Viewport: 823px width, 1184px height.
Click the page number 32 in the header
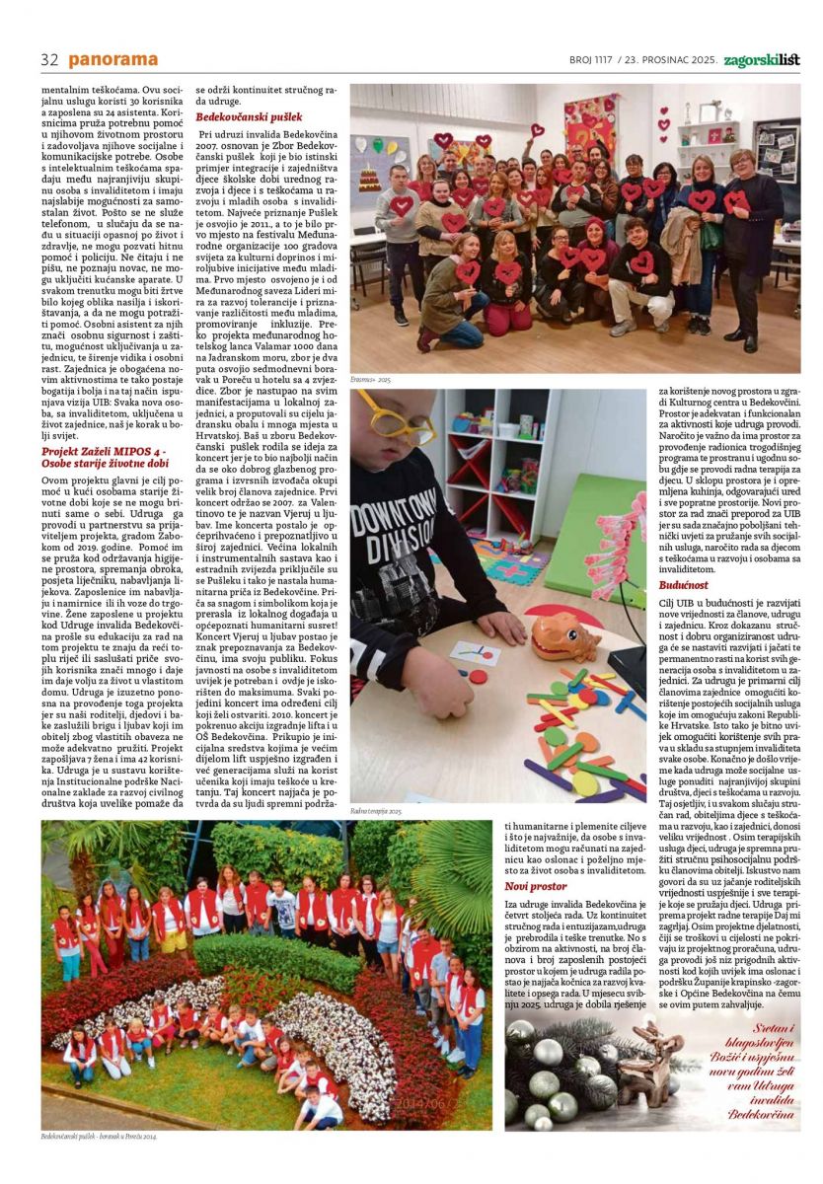click(49, 60)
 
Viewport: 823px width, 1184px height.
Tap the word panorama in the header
click(113, 60)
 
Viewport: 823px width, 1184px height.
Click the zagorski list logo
click(761, 60)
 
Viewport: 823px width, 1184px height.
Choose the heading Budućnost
click(683, 585)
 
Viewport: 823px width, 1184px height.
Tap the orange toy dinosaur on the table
click(564, 636)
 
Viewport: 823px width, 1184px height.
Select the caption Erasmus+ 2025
click(371, 379)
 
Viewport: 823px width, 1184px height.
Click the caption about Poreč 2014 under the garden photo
click(99, 1136)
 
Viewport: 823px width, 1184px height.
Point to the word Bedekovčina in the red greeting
click(763, 1114)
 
